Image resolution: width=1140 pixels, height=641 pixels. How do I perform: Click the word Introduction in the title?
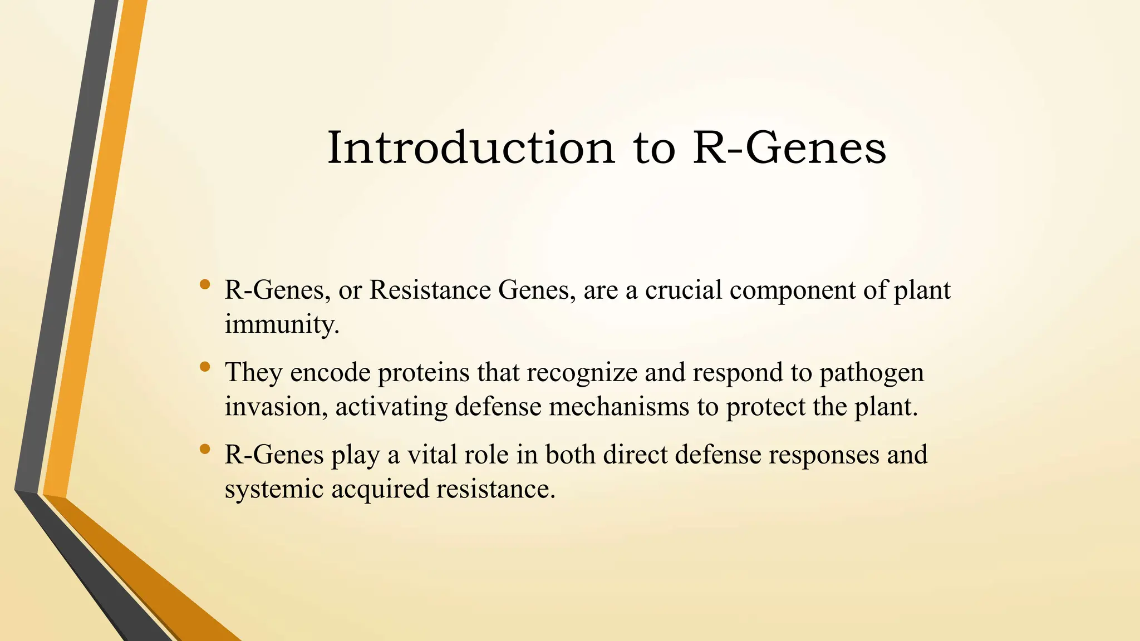click(471, 148)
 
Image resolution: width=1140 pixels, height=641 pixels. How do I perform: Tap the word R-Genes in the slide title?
click(789, 148)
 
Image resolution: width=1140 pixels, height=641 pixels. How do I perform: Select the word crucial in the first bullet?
click(683, 290)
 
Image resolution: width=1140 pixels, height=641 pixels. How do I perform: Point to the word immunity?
click(281, 324)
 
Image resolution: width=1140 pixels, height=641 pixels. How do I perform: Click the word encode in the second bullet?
click(330, 373)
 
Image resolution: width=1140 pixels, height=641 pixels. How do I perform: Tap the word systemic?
click(274, 490)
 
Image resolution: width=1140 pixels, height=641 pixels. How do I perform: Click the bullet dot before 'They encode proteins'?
click(205, 367)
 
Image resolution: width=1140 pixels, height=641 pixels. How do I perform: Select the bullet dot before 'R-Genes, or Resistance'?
click(205, 284)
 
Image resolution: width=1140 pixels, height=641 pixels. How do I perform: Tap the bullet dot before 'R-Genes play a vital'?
click(205, 449)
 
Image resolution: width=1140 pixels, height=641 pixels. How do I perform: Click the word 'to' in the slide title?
click(654, 148)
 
